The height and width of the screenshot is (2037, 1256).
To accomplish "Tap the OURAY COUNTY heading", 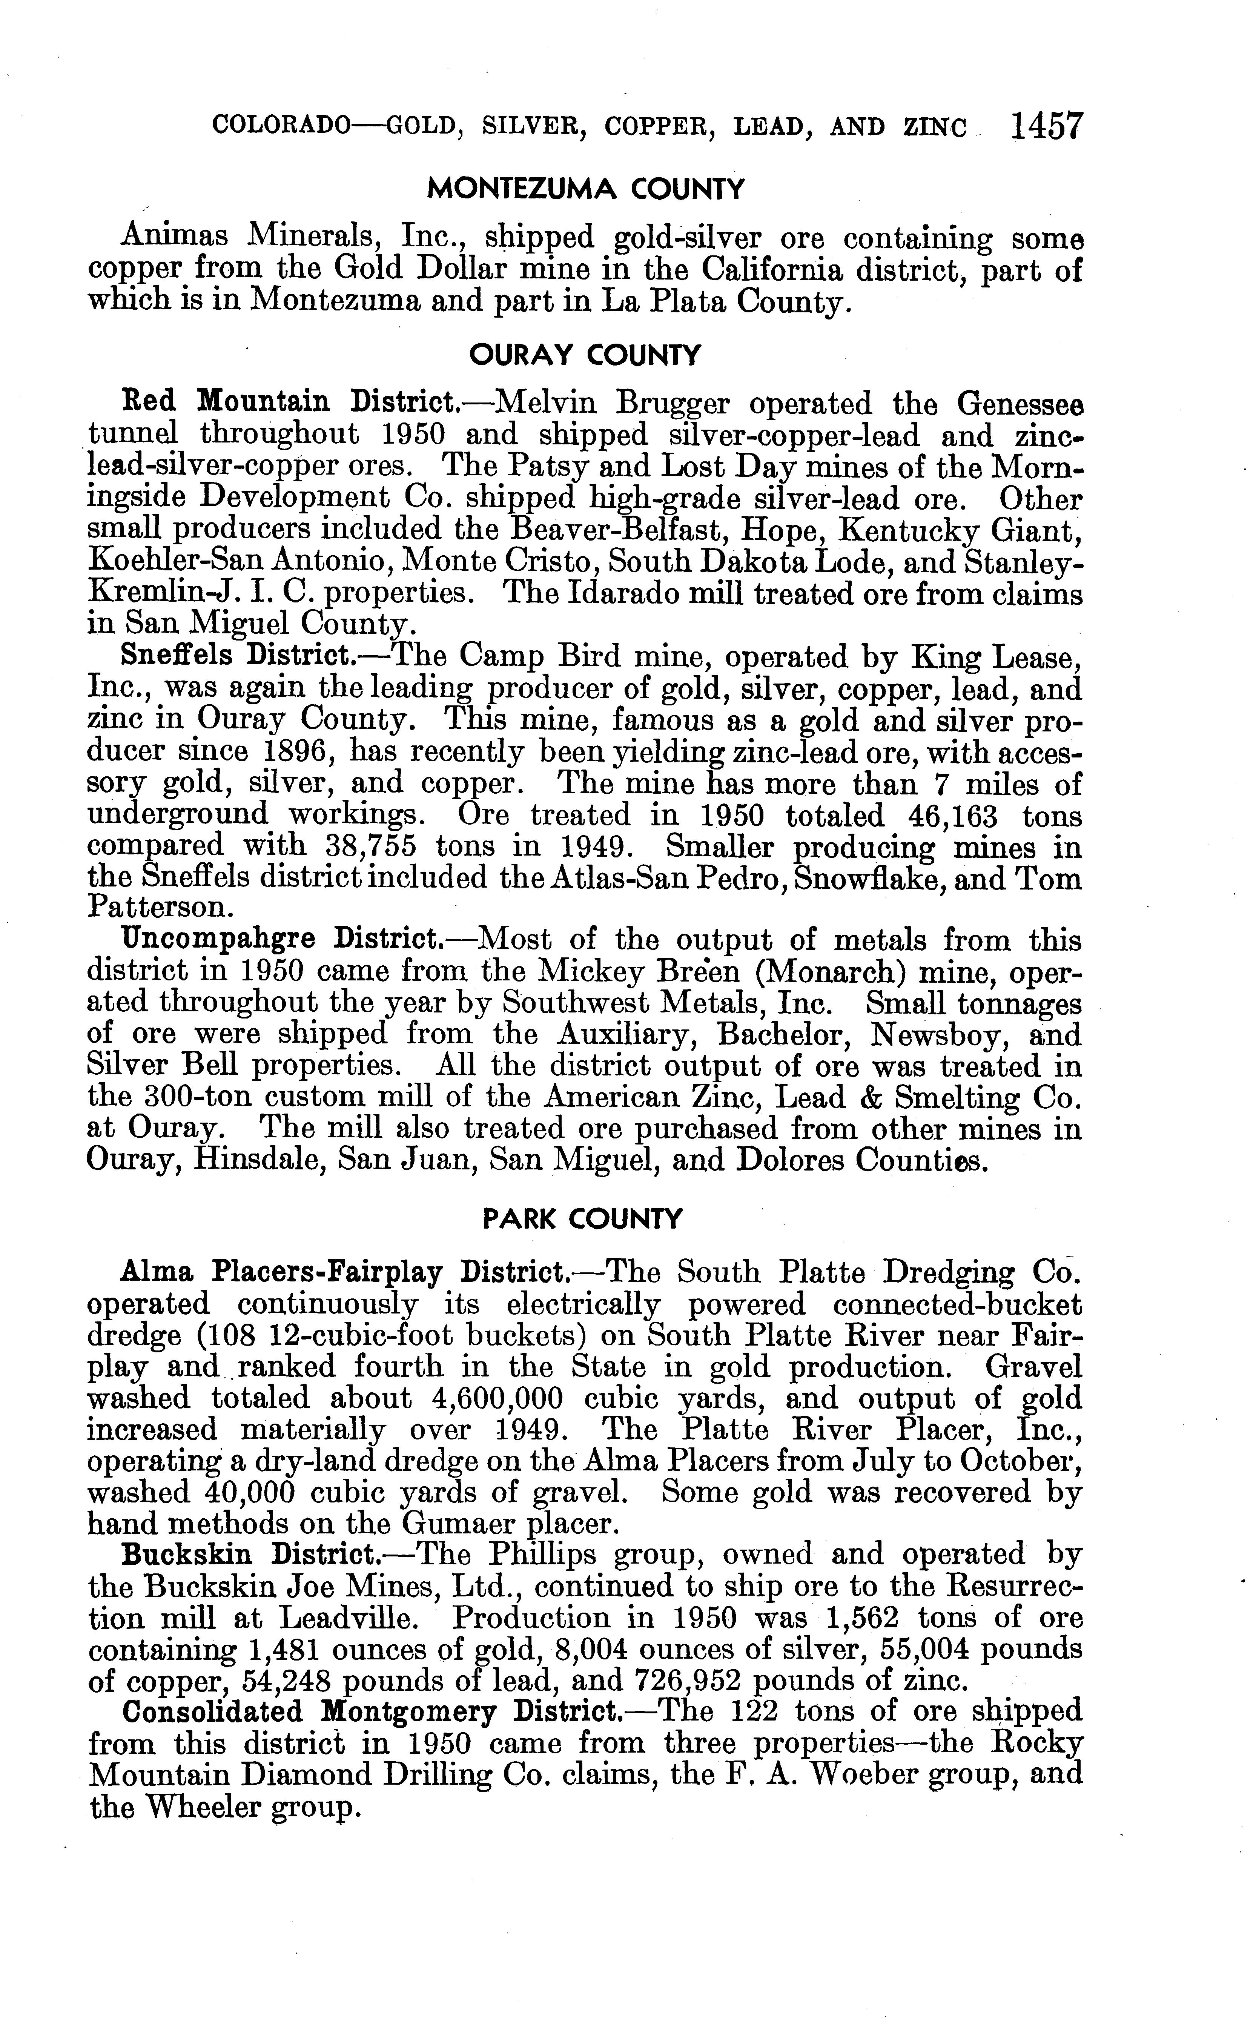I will (585, 356).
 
